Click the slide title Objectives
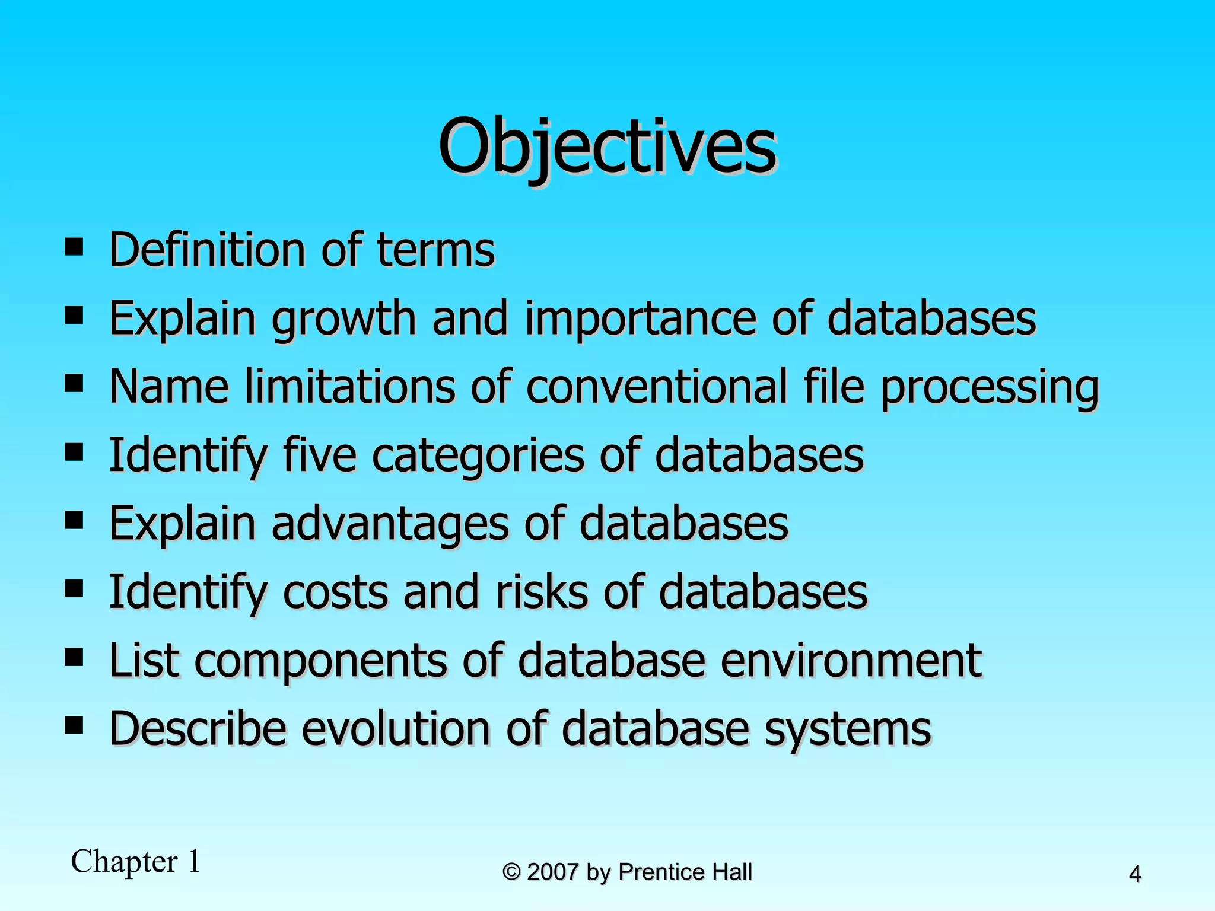(x=607, y=147)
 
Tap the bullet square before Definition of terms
(x=74, y=246)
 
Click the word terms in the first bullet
(x=435, y=250)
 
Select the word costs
(x=335, y=593)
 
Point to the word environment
(x=851, y=661)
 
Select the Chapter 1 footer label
(x=136, y=861)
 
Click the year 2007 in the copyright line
(x=552, y=872)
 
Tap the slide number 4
(x=1134, y=874)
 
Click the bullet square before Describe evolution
(x=74, y=725)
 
